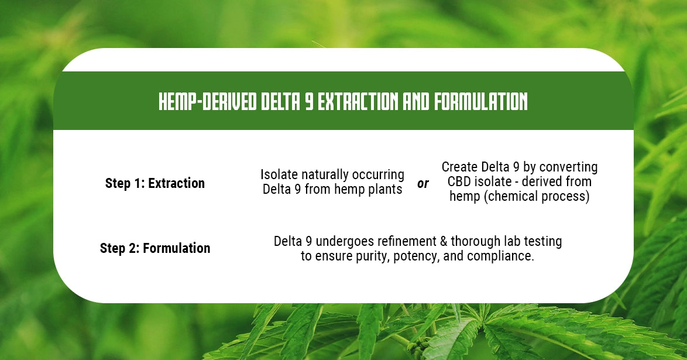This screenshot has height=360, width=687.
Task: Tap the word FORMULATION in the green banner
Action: click(480, 102)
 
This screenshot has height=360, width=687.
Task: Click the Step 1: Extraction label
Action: click(155, 183)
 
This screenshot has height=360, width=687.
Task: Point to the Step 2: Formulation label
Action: click(155, 248)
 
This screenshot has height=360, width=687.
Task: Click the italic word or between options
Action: click(422, 184)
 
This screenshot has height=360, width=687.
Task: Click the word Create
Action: click(460, 167)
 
